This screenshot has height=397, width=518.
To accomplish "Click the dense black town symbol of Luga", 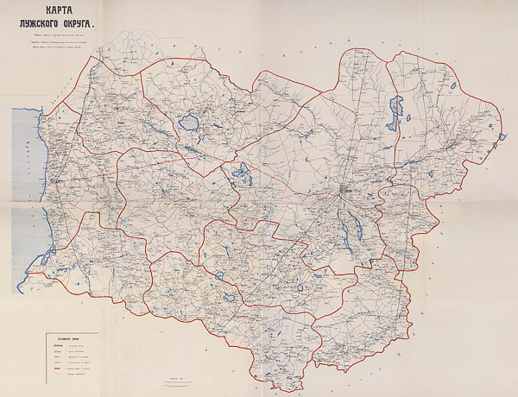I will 345,190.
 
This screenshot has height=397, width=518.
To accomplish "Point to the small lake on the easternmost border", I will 501,136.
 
